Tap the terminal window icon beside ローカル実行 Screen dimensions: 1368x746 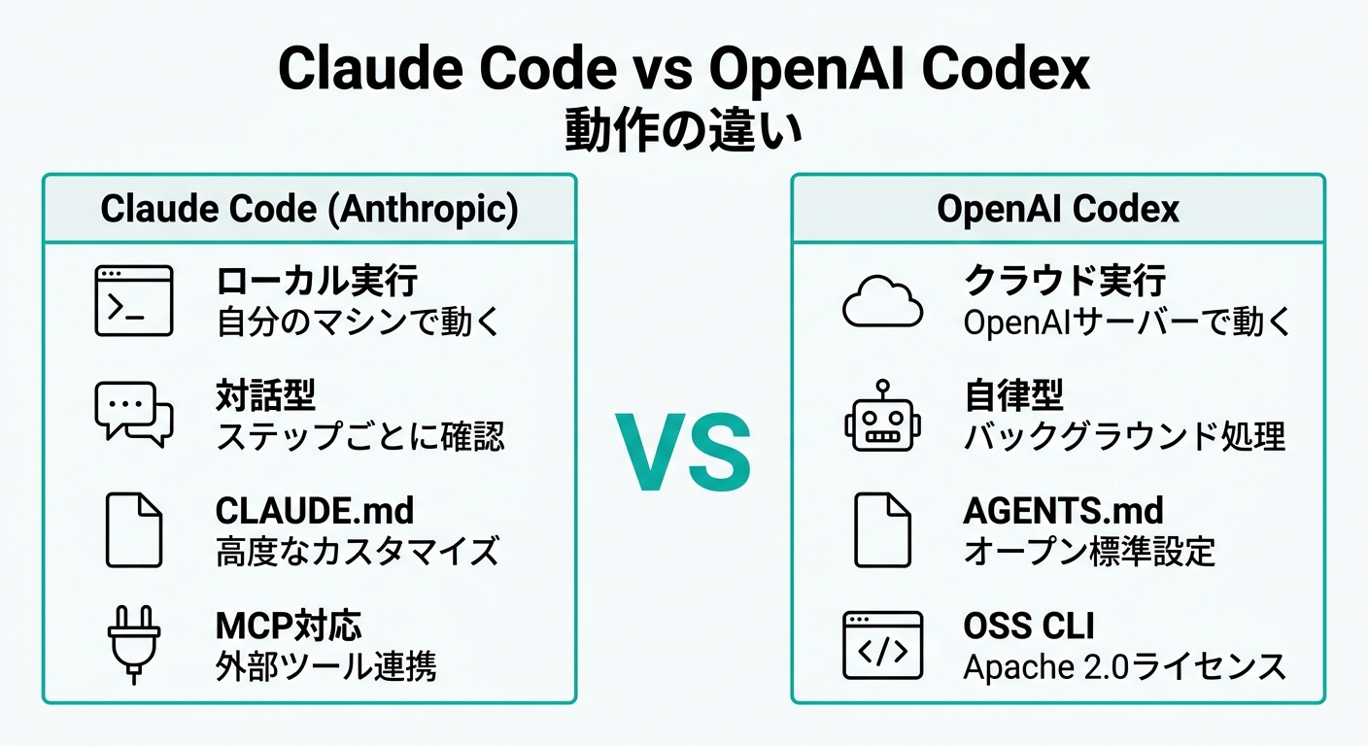coord(134,300)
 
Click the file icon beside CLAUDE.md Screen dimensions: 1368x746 coord(134,530)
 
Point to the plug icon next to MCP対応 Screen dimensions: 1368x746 coord(134,645)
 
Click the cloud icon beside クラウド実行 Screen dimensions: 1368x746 coord(882,301)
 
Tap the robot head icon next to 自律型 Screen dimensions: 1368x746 coord(882,417)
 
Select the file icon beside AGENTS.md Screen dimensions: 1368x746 coord(882,530)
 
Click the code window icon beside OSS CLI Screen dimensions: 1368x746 coord(882,645)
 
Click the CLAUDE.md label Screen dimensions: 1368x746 coord(315,511)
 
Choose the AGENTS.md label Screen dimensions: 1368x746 coord(1063,511)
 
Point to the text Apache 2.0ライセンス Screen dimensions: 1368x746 coord(1125,666)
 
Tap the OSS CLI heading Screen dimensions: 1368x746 coord(1029,626)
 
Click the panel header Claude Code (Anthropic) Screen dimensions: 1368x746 coord(309,209)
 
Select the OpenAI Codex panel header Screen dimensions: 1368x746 coord(1058,209)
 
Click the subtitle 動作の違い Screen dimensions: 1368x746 coord(683,130)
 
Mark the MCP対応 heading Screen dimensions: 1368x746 coord(289,626)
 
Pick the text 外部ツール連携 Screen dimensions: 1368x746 coord(326,666)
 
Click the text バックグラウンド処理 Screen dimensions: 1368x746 coord(1125,436)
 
